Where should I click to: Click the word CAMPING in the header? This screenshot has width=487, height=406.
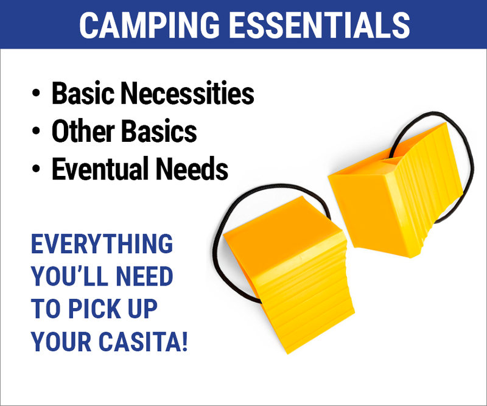pos(150,25)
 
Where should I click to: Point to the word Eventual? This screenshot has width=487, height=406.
pos(100,169)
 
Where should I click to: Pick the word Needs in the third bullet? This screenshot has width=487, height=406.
pos(192,169)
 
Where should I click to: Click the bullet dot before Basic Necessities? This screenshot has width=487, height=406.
pos(36,93)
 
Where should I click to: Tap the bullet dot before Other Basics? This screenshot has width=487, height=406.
pos(36,131)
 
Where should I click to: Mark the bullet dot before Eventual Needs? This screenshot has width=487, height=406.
pos(36,169)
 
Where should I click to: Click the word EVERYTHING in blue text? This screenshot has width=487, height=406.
pos(102,244)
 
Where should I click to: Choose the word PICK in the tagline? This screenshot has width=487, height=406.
pos(94,309)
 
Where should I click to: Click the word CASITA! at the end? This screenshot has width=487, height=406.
pos(143,341)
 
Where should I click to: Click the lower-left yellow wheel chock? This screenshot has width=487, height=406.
pos(289,273)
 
